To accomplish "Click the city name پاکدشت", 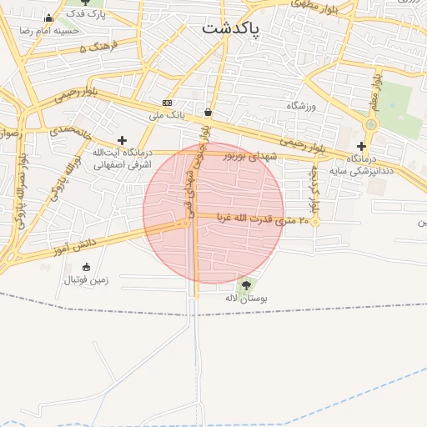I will pyautogui.click(x=231, y=28).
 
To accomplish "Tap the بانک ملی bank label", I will pyautogui.click(x=166, y=114).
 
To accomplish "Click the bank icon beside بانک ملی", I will pyautogui.click(x=168, y=102).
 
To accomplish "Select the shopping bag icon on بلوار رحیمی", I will pyautogui.click(x=208, y=112).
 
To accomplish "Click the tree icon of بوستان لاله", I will pyautogui.click(x=245, y=285).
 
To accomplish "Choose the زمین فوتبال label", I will pyautogui.click(x=87, y=280).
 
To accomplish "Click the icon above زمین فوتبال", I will pyautogui.click(x=87, y=267).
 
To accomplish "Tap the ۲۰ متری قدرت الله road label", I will pyautogui.click(x=263, y=219).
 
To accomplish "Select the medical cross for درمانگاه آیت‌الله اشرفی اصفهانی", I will pyautogui.click(x=123, y=140).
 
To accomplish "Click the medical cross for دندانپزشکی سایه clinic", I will pyautogui.click(x=361, y=146).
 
